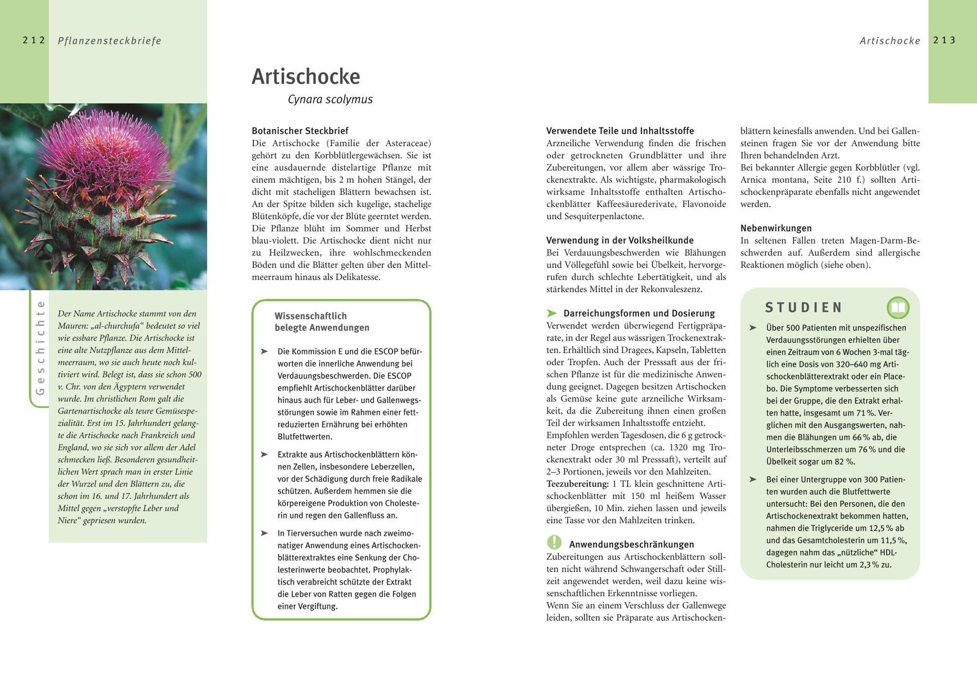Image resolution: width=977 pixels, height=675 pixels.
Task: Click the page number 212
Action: [x=34, y=40]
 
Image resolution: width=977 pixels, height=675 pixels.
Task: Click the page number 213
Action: [x=944, y=40]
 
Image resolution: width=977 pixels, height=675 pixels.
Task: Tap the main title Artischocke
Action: [x=305, y=76]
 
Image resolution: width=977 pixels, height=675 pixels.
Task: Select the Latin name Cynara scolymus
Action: [x=330, y=99]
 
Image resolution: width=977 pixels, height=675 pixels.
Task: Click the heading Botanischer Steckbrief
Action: [x=300, y=131]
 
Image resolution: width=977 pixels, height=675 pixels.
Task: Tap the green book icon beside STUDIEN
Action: [x=898, y=308]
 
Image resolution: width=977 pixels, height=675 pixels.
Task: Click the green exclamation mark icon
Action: [x=554, y=542]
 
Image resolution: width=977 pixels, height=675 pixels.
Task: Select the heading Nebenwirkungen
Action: [x=775, y=228]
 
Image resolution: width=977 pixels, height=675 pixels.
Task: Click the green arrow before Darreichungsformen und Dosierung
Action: [x=551, y=313]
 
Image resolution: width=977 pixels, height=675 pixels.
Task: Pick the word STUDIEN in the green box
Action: [x=803, y=308]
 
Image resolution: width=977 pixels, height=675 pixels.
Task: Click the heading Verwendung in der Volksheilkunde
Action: [x=620, y=240]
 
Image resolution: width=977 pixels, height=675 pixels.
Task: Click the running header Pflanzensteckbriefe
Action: [x=110, y=41]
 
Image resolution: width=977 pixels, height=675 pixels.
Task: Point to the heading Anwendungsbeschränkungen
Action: [x=631, y=544]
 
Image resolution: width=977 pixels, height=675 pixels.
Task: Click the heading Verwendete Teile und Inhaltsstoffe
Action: [x=620, y=131]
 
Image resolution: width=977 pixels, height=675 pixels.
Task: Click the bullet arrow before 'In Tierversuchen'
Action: [x=265, y=533]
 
